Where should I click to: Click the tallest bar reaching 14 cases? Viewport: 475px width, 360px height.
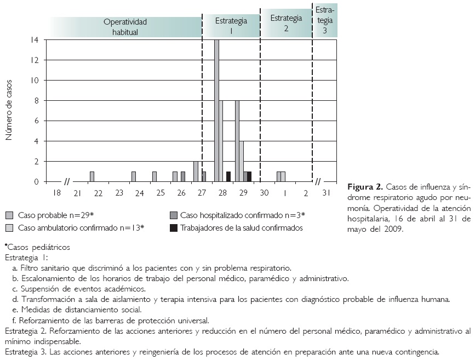216,110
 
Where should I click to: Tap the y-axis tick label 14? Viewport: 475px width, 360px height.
35,40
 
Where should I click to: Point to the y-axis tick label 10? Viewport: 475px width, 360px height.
35,81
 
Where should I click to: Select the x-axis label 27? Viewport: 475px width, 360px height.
202,192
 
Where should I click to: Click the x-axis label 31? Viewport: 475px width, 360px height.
327,192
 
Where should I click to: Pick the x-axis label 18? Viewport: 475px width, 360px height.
57,192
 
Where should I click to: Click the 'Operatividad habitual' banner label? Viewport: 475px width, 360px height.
125,27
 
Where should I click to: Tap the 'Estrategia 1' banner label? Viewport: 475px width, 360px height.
231,26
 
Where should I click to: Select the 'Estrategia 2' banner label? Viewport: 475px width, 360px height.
286,23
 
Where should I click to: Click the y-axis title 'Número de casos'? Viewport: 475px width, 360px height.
9,110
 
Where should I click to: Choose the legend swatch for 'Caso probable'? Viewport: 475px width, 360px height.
9,215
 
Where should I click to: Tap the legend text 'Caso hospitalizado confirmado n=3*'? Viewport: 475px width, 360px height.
242,215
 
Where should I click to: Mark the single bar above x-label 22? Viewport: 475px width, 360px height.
92,176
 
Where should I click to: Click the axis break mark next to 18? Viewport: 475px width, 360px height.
68,181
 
